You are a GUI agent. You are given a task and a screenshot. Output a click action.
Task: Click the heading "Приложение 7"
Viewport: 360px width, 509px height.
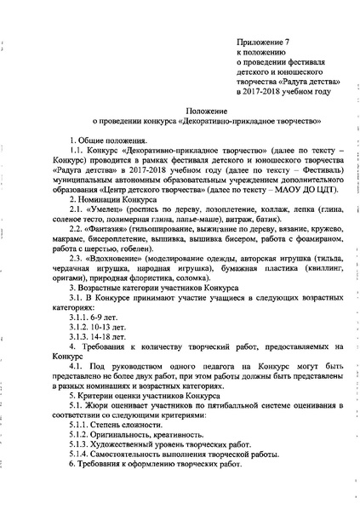tap(269, 41)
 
